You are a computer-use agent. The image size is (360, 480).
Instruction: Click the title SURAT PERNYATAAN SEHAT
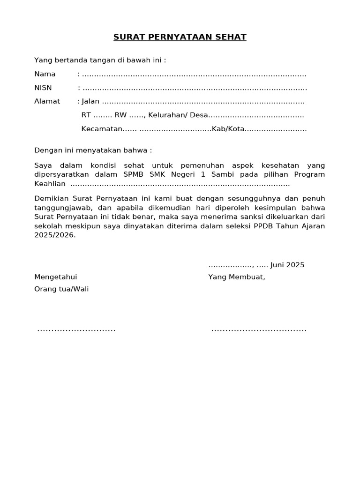pos(180,37)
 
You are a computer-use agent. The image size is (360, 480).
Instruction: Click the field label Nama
pos(45,74)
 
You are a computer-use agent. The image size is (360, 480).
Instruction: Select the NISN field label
pos(43,88)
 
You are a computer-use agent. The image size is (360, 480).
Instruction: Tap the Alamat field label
pos(47,101)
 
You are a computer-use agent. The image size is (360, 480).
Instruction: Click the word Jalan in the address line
pos(91,101)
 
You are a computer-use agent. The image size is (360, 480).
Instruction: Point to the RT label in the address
pos(86,115)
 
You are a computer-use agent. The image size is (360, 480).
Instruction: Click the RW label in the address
pos(121,115)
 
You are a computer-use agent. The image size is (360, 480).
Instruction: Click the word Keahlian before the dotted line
pos(50,184)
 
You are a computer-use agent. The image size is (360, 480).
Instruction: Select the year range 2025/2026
pos(54,236)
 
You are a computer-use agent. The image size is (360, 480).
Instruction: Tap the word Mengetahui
pos(56,277)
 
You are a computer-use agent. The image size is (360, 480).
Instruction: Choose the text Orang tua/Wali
pos(61,289)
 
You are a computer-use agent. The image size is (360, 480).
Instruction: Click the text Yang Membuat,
pos(237,277)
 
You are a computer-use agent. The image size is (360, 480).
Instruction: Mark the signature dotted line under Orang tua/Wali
pos(76,330)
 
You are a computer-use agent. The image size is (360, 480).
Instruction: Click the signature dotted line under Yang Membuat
pos(259,330)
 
